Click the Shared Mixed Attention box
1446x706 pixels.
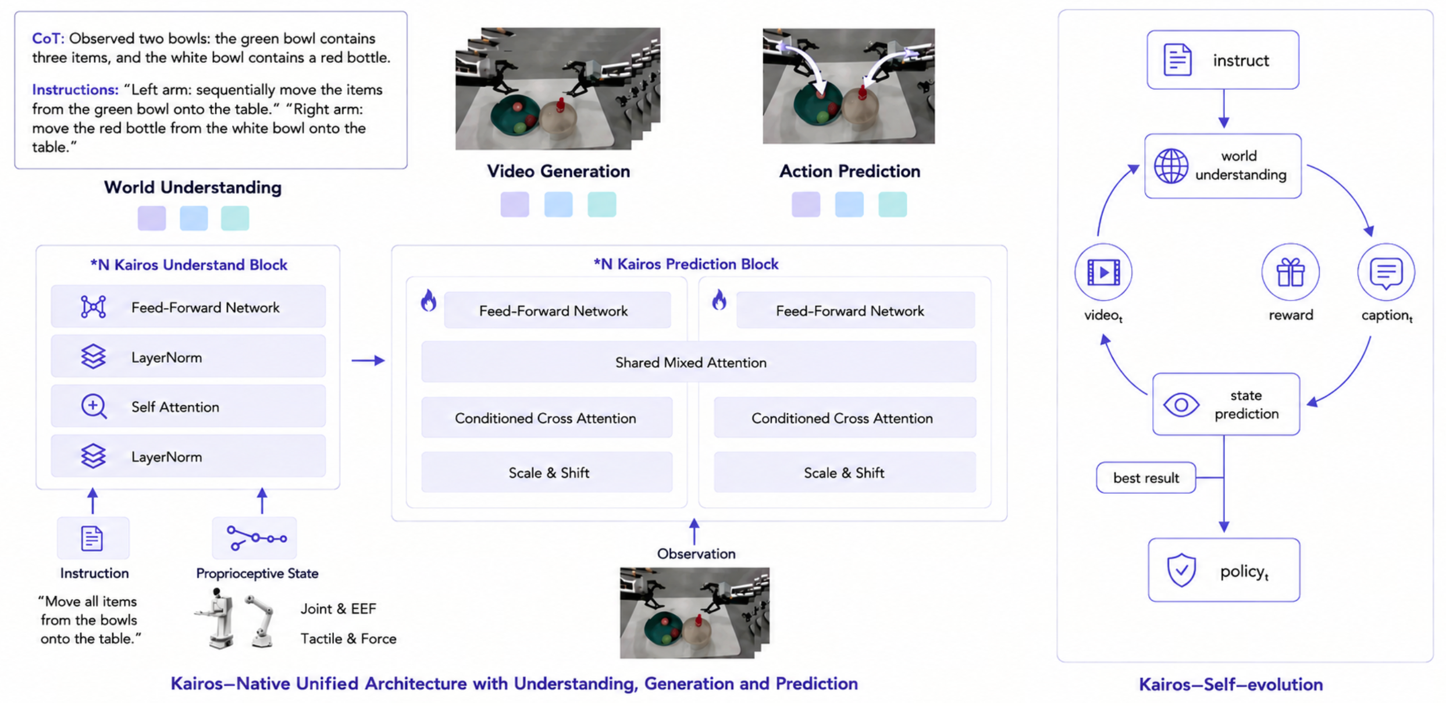[x=699, y=362]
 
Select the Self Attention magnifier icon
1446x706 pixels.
[x=94, y=407]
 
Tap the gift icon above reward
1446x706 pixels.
[x=1290, y=272]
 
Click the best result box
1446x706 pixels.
[x=1146, y=478]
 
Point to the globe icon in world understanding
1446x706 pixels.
[x=1171, y=166]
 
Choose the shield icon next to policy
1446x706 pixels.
[x=1181, y=570]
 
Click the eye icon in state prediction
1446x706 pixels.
[x=1181, y=405]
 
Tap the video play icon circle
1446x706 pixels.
[x=1103, y=272]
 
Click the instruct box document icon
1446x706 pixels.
[x=1177, y=59]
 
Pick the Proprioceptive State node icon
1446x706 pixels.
[x=257, y=538]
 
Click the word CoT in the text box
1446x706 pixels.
[x=47, y=38]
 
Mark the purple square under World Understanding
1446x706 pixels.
[x=152, y=218]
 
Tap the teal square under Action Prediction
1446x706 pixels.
[x=892, y=205]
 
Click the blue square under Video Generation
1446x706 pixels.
[x=558, y=205]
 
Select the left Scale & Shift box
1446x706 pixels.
[x=547, y=472]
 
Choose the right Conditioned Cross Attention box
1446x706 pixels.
[x=845, y=418]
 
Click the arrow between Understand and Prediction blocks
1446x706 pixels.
[x=368, y=361]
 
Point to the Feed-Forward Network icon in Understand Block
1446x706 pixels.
[x=93, y=306]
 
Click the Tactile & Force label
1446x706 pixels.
[x=348, y=639]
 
